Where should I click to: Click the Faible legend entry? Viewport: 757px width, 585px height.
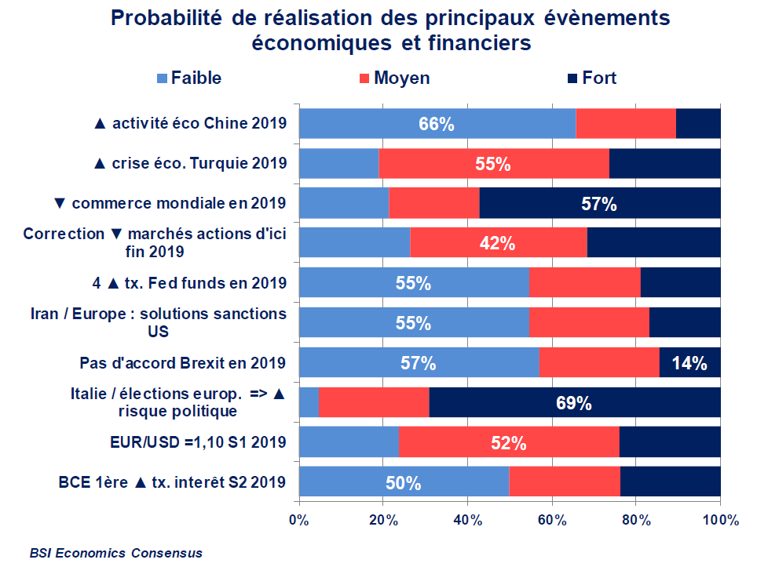(x=189, y=78)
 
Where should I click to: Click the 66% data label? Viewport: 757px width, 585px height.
(x=437, y=124)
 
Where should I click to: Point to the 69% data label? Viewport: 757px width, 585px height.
(x=573, y=403)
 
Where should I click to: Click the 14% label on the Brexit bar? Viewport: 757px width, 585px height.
(x=690, y=363)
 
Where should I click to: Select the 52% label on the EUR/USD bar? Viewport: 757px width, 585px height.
(x=508, y=443)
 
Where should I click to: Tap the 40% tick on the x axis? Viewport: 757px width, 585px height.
(x=467, y=519)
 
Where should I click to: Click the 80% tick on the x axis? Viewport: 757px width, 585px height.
(x=636, y=519)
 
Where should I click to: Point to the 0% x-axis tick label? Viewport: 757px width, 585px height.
(x=298, y=519)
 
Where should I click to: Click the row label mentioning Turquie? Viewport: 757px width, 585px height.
(x=190, y=163)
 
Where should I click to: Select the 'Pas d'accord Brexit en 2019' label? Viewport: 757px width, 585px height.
(x=183, y=363)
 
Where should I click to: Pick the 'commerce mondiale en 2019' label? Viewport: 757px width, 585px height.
(x=170, y=203)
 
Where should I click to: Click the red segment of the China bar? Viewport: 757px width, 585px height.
(x=626, y=124)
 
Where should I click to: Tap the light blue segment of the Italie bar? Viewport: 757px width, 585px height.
(x=309, y=403)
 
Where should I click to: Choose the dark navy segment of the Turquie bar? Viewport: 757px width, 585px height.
(x=664, y=163)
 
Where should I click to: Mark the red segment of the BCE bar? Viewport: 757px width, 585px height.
(x=565, y=482)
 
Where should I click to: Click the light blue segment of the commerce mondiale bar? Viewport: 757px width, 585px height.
(x=344, y=203)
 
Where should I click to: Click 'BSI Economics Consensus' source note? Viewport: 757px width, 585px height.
(x=116, y=553)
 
